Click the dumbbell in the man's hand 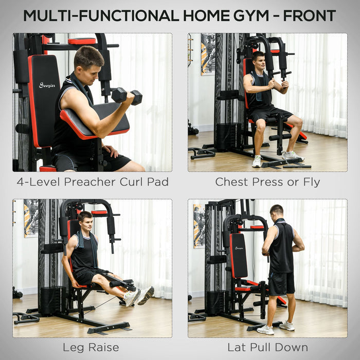(x=127, y=96)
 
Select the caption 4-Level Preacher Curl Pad (x=93, y=182)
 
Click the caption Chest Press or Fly (x=267, y=182)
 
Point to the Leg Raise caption (x=91, y=348)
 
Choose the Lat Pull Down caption (x=267, y=348)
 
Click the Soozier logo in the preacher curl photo (x=47, y=85)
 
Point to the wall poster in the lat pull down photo (x=199, y=226)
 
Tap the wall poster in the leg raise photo (x=31, y=218)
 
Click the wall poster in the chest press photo (x=208, y=54)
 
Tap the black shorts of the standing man (x=281, y=283)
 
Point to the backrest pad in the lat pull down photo (x=238, y=256)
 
